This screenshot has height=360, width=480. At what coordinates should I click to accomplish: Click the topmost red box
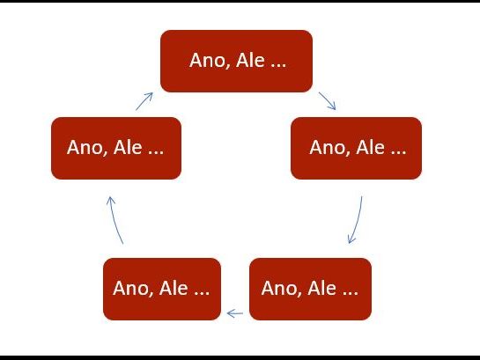236,61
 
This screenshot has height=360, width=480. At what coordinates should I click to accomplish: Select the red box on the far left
116,149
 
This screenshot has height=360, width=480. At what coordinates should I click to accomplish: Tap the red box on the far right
356,149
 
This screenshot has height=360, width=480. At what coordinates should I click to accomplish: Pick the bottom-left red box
162,289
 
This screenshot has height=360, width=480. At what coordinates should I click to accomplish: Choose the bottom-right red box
310,289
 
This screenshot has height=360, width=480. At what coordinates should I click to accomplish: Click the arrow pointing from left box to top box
144,101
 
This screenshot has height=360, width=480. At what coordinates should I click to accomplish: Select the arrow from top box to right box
328,100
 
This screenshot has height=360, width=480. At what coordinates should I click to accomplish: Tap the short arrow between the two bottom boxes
235,313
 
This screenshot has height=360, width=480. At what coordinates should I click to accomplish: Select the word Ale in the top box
250,60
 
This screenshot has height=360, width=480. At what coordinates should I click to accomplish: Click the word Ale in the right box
371,147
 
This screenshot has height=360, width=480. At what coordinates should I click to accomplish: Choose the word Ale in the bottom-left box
174,288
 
